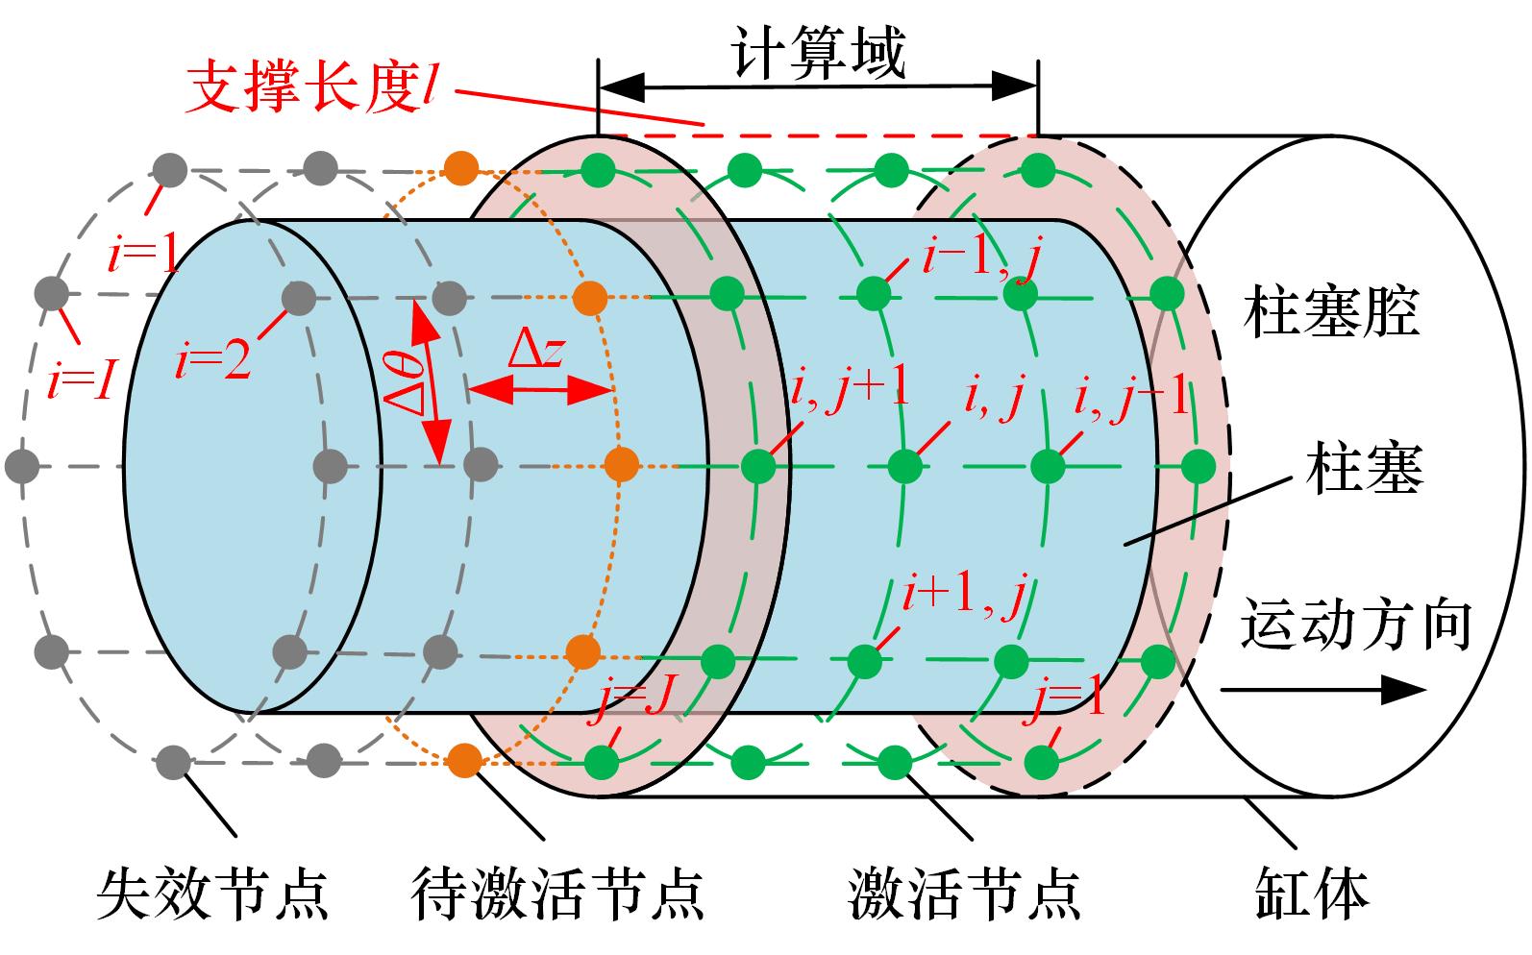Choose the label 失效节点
[212, 893]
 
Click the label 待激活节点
[557, 893]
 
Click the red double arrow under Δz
[540, 390]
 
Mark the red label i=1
[142, 257]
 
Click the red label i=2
[213, 362]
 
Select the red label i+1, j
[962, 596]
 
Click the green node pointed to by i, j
[904, 467]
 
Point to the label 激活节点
[964, 893]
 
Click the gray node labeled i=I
[51, 292]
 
